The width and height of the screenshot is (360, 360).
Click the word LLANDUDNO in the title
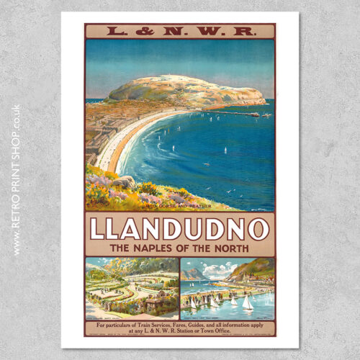(179, 228)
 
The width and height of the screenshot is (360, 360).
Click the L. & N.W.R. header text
(179, 31)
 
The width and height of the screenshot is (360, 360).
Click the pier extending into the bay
(238, 112)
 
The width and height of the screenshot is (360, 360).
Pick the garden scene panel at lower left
(131, 288)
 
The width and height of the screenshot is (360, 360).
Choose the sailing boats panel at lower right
(228, 288)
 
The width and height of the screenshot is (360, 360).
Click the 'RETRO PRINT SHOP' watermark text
(16, 180)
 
